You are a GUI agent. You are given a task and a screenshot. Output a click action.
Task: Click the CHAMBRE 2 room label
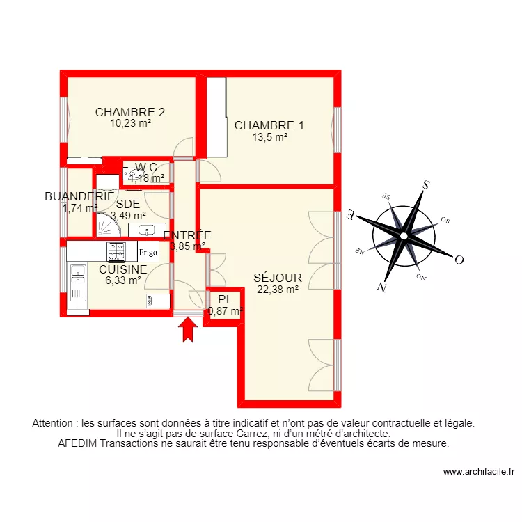[130, 112]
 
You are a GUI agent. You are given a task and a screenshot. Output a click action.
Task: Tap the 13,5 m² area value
[271, 137]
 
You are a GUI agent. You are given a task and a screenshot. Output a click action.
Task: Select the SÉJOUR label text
[278, 278]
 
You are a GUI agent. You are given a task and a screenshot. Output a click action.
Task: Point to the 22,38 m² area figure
[278, 290]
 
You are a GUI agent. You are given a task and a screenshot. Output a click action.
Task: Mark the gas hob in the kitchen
[116, 251]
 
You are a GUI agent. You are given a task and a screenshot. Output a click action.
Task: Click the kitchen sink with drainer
[77, 284]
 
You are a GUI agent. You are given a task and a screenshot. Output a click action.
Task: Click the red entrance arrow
[187, 331]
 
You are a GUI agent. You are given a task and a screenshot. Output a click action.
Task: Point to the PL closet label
[224, 299]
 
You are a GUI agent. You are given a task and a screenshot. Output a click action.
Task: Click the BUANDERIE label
[79, 197]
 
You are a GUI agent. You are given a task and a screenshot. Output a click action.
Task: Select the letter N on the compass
[381, 287]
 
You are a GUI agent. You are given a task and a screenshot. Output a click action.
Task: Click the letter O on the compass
[459, 260]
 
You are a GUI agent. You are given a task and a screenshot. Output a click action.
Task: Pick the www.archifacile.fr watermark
[478, 472]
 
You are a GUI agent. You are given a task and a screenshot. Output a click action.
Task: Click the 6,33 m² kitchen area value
[123, 280]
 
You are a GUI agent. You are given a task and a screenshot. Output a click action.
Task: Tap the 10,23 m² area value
[130, 123]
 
